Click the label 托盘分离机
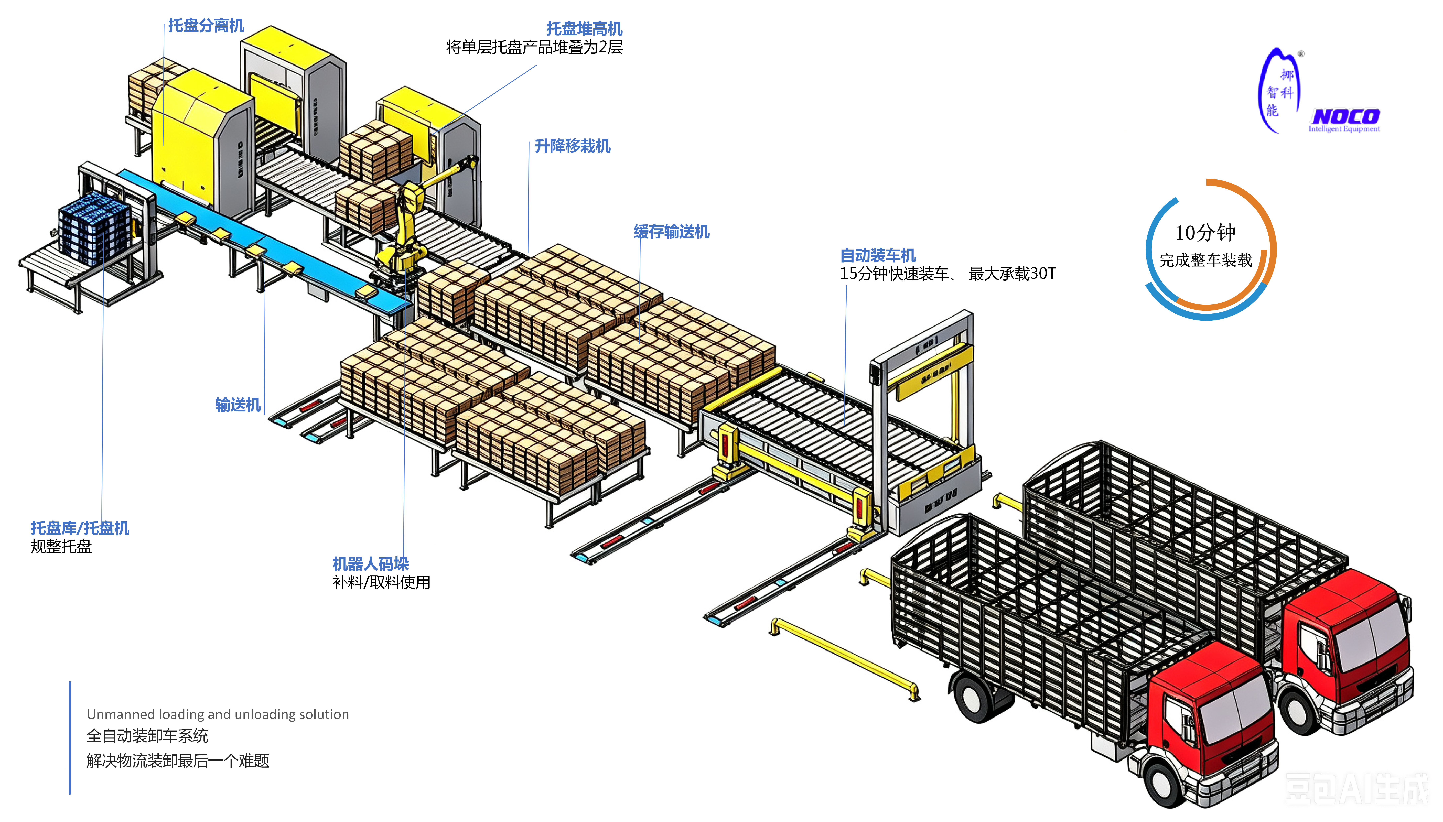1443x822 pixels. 206,25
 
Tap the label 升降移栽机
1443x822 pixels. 572,146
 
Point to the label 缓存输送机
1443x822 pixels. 671,231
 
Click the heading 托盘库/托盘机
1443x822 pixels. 80,528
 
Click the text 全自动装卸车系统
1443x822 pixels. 147,736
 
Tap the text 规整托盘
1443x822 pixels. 61,547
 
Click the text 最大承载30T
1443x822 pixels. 1012,273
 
